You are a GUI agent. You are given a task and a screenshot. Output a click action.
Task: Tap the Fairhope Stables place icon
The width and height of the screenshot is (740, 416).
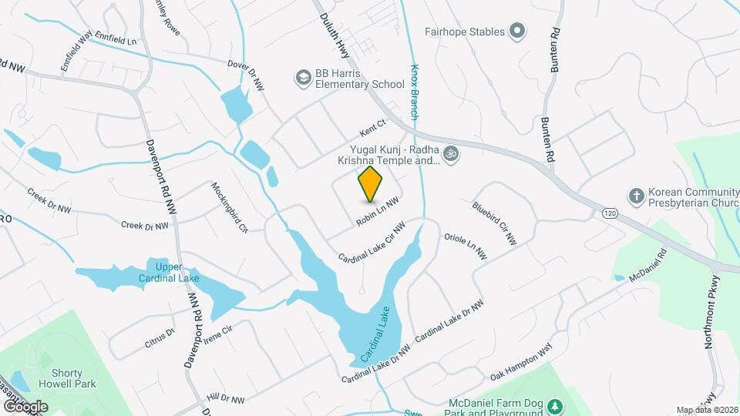(518, 32)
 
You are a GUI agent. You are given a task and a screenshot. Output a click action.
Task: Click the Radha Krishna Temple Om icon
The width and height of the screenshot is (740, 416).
(452, 154)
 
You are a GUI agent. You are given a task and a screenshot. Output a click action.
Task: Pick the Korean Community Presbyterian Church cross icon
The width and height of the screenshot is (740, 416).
(636, 194)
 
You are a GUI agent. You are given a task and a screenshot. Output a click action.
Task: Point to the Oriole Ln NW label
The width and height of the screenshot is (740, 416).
(466, 244)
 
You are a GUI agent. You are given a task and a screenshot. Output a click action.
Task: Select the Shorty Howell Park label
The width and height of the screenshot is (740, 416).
(62, 378)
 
